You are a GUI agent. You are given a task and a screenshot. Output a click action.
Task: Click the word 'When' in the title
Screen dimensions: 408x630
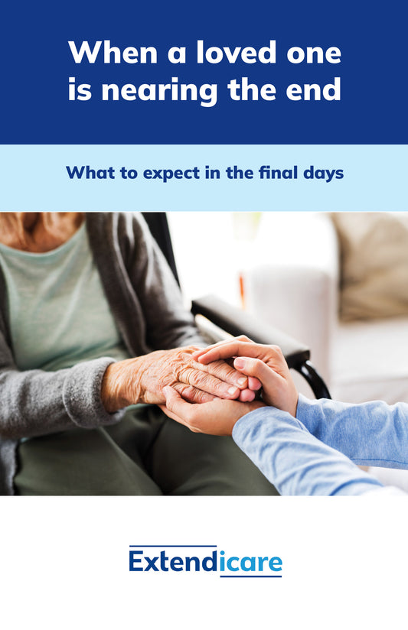113,52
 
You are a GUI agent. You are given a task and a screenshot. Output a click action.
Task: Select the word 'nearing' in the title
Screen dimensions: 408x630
159,91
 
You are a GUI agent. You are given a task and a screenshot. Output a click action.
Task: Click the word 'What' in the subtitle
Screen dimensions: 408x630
89,173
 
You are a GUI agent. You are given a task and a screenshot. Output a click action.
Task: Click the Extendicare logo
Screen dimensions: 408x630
205,561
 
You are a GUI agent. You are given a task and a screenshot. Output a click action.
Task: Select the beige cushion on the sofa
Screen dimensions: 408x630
372,265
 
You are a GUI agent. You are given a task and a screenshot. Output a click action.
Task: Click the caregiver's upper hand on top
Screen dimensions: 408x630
250,362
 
